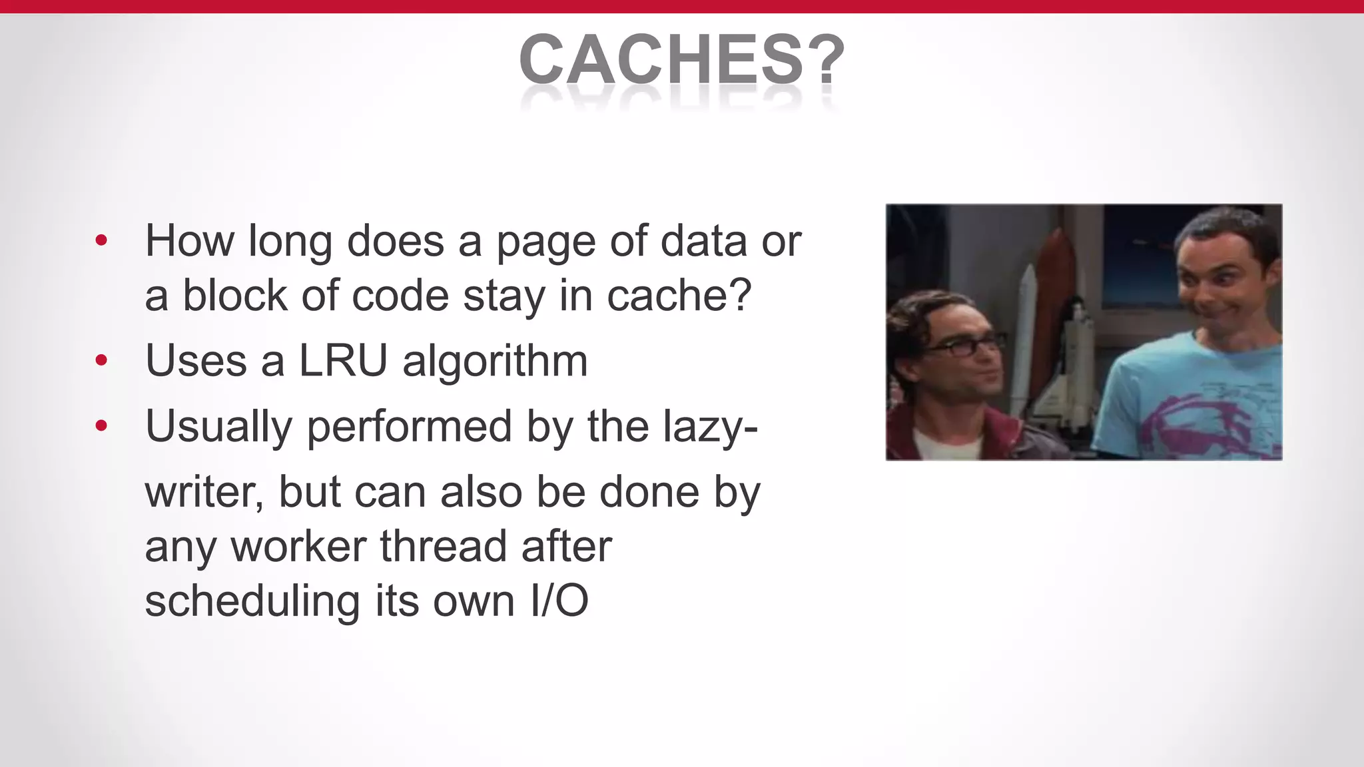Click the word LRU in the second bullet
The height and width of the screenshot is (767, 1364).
pyautogui.click(x=343, y=361)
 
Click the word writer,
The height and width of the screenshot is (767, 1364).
pyautogui.click(x=204, y=493)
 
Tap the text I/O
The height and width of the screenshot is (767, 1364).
pyautogui.click(x=559, y=601)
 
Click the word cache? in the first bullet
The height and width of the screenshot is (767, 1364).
pyautogui.click(x=679, y=296)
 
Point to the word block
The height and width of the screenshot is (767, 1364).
pyautogui.click(x=234, y=295)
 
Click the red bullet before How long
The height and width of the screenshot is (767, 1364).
pyautogui.click(x=101, y=240)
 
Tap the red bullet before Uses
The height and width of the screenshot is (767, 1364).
pyautogui.click(x=101, y=361)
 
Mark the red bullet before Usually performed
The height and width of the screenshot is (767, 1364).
pyautogui.click(x=101, y=425)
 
